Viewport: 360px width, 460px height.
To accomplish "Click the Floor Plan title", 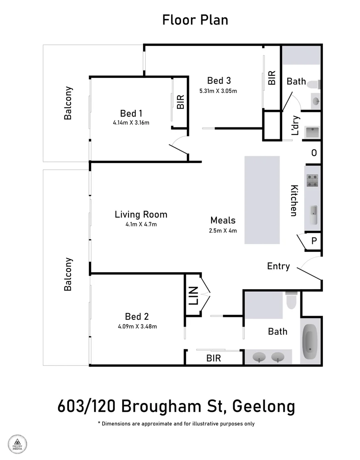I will (195, 20).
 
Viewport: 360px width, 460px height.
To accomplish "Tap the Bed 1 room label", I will (131, 113).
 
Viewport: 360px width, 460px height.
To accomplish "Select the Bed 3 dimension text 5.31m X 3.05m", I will (218, 91).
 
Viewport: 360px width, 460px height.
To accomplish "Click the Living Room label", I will (141, 215).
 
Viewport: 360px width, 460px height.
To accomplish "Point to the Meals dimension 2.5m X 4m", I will (223, 230).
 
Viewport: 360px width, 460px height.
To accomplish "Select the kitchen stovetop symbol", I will (313, 181).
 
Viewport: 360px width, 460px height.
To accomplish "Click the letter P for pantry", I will (314, 241).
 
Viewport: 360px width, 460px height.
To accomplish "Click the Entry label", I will (278, 266).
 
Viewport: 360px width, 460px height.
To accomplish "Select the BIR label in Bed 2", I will (214, 358).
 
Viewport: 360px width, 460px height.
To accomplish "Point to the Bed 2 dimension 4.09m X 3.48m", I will (137, 327).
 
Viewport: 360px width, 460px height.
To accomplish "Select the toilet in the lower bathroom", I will (292, 301).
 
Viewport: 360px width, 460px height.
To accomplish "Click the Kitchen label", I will (294, 201).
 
